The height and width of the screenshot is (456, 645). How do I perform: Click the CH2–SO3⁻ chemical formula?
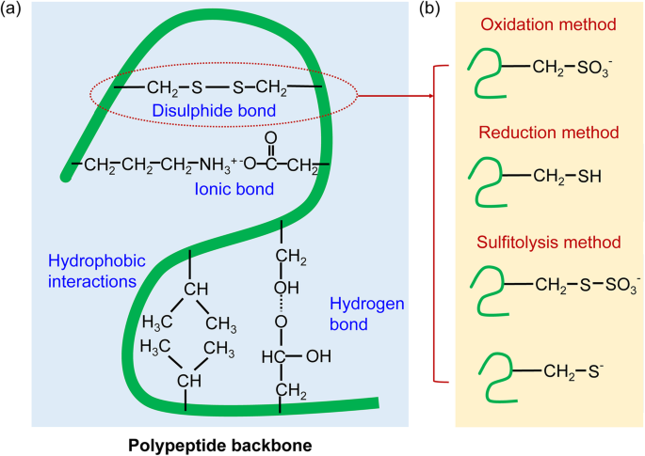click(x=565, y=67)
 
